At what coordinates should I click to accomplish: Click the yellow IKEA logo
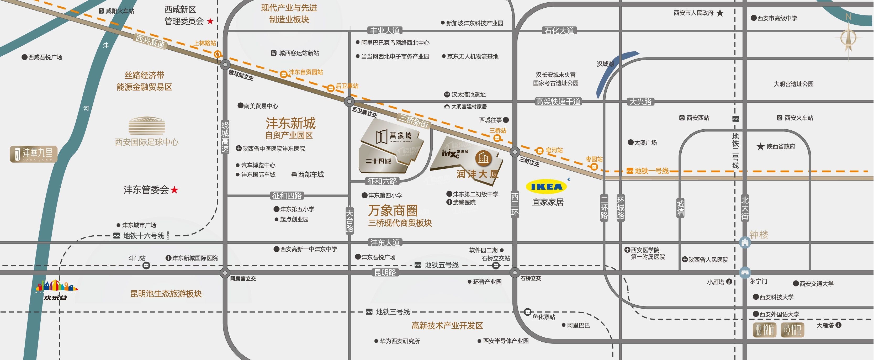coord(546,187)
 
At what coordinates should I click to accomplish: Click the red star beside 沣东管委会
coord(174,190)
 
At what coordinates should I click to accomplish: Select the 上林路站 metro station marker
coord(218,54)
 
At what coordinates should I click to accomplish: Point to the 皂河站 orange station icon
coord(539,150)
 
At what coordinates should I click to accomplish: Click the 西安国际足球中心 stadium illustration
coord(147,126)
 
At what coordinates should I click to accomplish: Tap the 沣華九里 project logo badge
coord(34,154)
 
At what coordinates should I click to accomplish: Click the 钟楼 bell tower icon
coord(745,242)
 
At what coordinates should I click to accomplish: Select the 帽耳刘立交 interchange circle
coord(225,65)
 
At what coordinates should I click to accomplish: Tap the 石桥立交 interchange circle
coord(515,272)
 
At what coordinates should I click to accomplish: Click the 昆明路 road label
coord(385,272)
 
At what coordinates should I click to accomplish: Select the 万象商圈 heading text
coord(393,211)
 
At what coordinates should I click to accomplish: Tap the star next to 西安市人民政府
coord(720,13)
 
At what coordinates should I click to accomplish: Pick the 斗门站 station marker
coord(146,265)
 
